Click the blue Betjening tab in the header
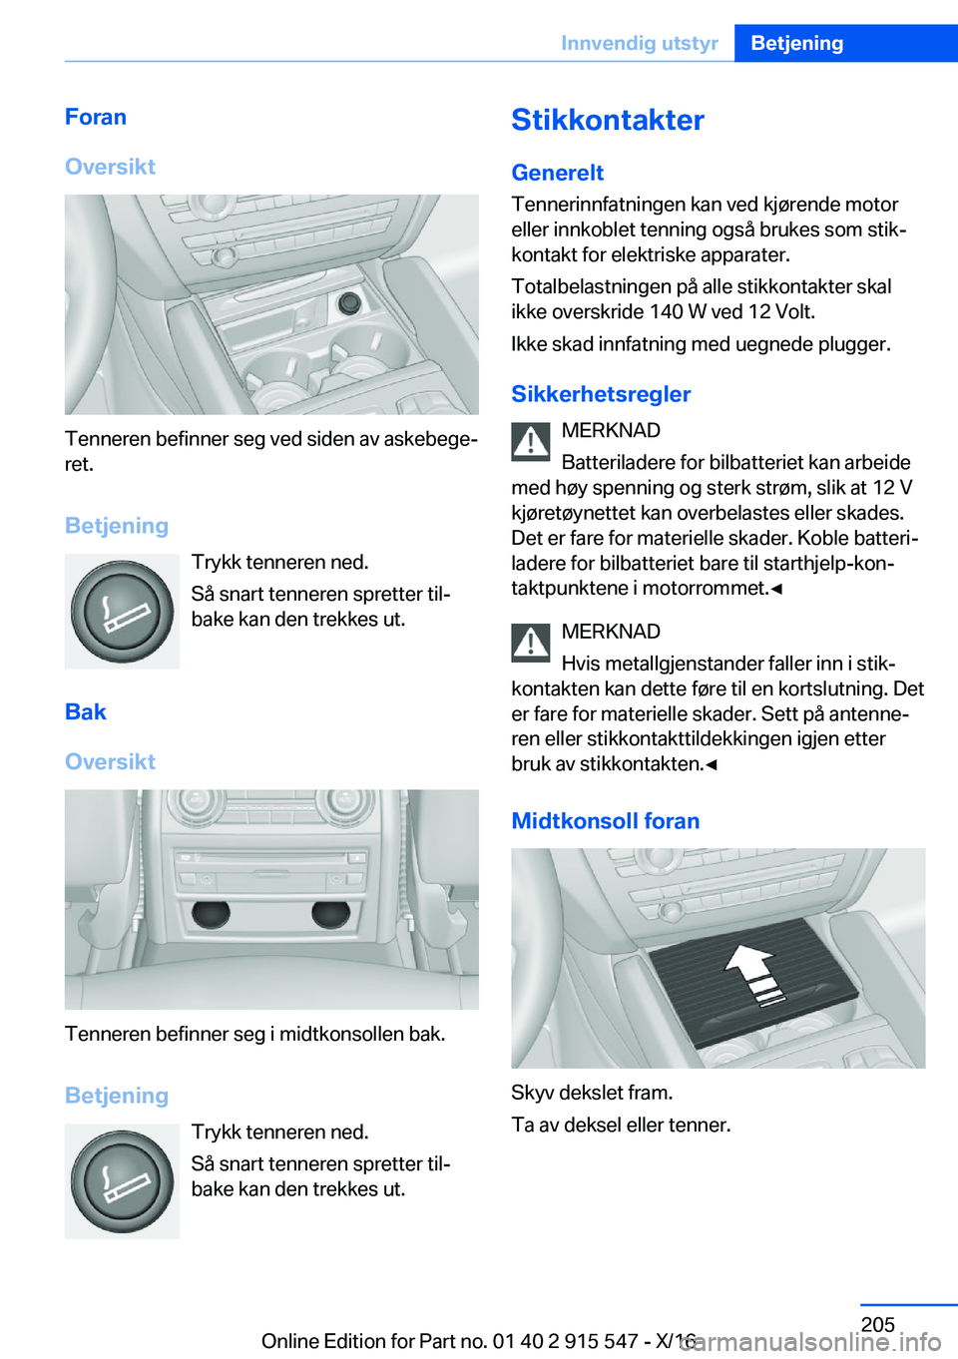pyautogui.click(x=846, y=43)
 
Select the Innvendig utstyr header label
pyautogui.click(x=640, y=43)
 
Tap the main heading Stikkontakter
pyautogui.click(x=608, y=120)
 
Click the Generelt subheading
pyautogui.click(x=558, y=173)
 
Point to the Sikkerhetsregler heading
pyautogui.click(x=601, y=394)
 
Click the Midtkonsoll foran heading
pyautogui.click(x=606, y=821)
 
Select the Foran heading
pyautogui.click(x=96, y=117)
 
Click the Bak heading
pyautogui.click(x=86, y=711)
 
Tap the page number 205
pyautogui.click(x=877, y=1323)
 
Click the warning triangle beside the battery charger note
pyautogui.click(x=530, y=442)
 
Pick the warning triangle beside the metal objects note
pyautogui.click(x=530, y=643)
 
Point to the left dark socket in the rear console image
pyautogui.click(x=212, y=914)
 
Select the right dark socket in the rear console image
pyautogui.click(x=330, y=914)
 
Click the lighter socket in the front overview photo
pyautogui.click(x=349, y=302)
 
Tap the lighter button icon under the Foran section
pyautogui.click(x=122, y=611)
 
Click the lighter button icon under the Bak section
pyautogui.click(x=122, y=1180)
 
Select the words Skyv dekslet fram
pyautogui.click(x=592, y=1093)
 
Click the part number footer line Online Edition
pyautogui.click(x=479, y=1341)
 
